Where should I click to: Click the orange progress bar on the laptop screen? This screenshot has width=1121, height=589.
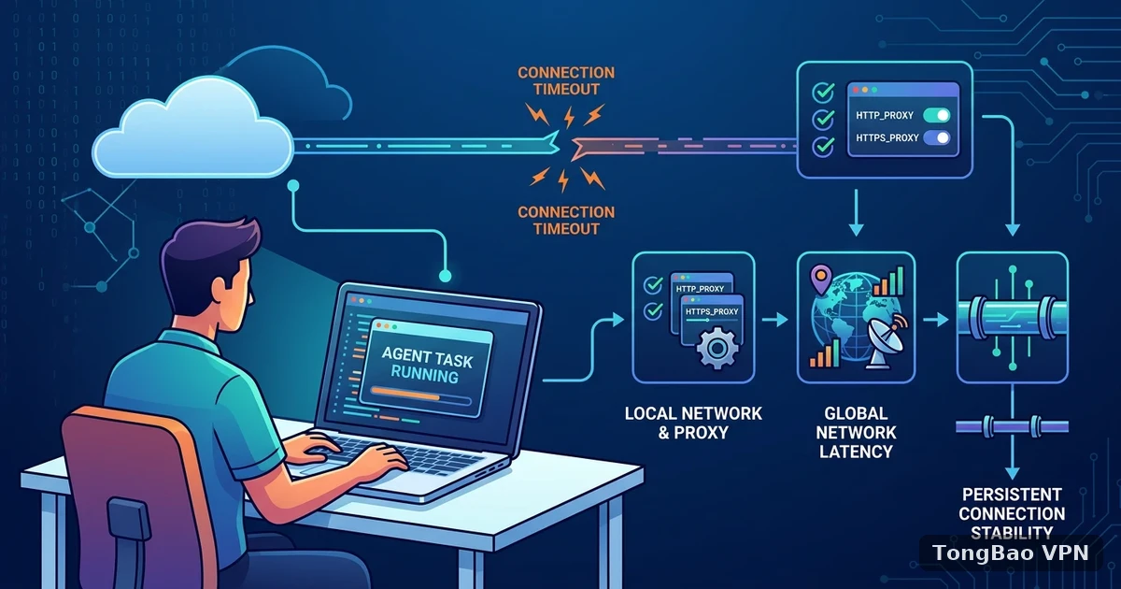pos(405,395)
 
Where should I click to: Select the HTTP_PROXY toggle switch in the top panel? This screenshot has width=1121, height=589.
pos(936,115)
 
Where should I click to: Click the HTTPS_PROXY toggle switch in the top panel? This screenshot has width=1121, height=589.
pos(936,137)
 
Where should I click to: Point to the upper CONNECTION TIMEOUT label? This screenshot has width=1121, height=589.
pos(566,81)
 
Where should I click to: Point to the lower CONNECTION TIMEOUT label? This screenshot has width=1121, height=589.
pos(566,221)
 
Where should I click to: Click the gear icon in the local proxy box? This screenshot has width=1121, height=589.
pos(717,347)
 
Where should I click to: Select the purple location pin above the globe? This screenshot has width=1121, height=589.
pos(821,280)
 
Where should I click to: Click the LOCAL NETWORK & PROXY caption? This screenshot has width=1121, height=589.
pos(693,423)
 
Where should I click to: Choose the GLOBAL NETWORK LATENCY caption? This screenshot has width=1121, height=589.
pos(856,432)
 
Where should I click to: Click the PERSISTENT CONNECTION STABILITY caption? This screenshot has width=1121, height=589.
pos(1012,513)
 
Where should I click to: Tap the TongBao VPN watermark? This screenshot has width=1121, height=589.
pos(1011,553)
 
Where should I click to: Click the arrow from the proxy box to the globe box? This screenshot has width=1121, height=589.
pos(774,319)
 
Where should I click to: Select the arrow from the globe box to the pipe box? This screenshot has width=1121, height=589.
pos(936,319)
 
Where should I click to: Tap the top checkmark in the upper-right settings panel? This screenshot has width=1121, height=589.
pos(823,93)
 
